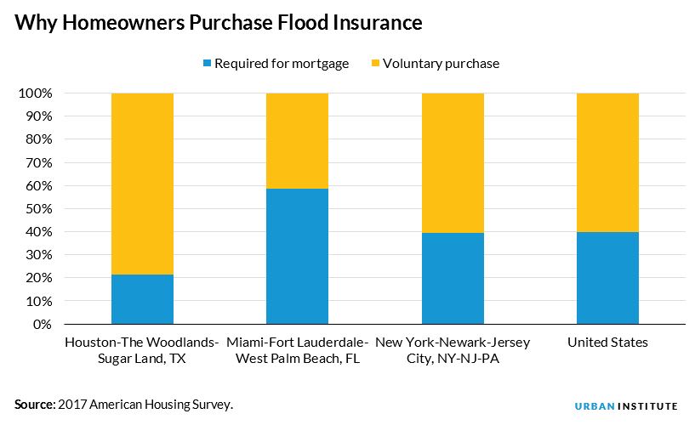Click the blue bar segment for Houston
[142, 299]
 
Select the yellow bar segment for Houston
[142, 183]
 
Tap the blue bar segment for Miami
[297, 256]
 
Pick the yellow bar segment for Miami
[297, 140]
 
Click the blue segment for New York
[453, 278]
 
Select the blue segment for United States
[607, 277]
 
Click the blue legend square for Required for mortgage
[206, 64]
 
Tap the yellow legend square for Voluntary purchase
[374, 64]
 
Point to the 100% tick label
[36, 93]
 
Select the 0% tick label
[43, 324]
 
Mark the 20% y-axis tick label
[39, 278]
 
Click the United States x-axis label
[607, 343]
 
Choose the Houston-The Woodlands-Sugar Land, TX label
[142, 350]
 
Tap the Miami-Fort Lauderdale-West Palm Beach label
[297, 350]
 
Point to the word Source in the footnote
[33, 405]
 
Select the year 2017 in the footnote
[72, 405]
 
